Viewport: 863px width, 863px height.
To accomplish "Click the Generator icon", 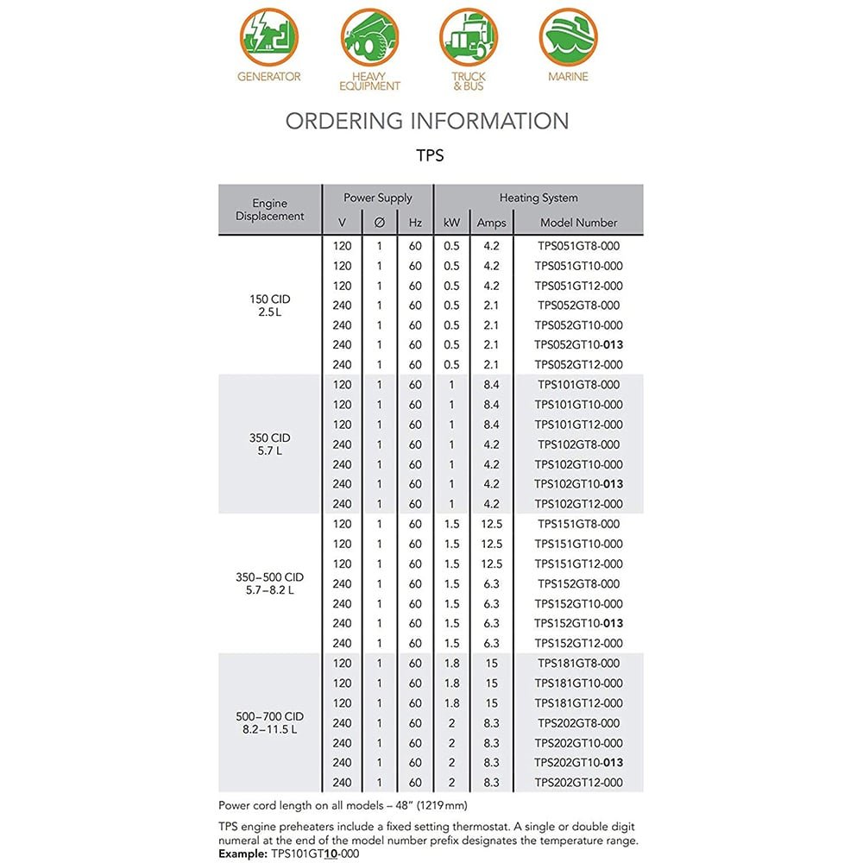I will click(x=269, y=37).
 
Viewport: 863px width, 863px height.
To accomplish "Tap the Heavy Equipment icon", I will click(x=369, y=37).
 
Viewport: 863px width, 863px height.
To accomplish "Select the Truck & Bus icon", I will click(x=469, y=37).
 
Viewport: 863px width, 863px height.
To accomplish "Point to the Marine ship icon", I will click(x=568, y=37).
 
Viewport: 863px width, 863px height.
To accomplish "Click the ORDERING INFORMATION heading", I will click(x=427, y=121).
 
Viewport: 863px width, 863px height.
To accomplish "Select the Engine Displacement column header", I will click(x=269, y=210).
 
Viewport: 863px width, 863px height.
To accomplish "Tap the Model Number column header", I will click(x=578, y=223).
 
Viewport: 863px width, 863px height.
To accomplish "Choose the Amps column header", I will click(x=491, y=223).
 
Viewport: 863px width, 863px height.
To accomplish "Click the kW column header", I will click(x=451, y=223).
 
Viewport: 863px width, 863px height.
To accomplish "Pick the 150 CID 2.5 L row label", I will click(x=269, y=306).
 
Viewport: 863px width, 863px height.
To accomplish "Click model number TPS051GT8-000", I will click(x=578, y=246).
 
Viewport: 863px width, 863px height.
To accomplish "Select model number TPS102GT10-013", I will click(x=578, y=484).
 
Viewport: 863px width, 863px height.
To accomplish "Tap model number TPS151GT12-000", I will click(x=578, y=564).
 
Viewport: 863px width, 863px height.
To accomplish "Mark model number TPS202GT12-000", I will click(x=578, y=783).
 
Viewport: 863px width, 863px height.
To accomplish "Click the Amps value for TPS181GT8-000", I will click(x=491, y=664).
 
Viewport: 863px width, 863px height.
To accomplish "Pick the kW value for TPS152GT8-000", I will click(x=451, y=584).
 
